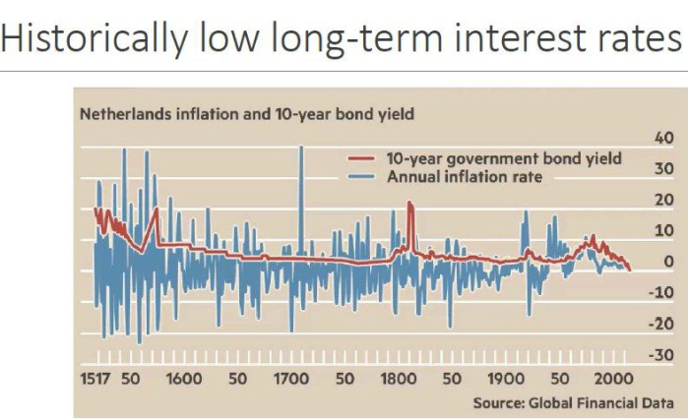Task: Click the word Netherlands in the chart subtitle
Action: (123, 114)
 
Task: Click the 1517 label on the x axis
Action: (96, 379)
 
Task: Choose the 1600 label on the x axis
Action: (184, 379)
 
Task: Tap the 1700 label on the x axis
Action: (291, 379)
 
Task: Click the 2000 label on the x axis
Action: (612, 379)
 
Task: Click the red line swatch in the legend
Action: (366, 157)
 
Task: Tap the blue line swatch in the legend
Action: (366, 177)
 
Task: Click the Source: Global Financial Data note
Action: (574, 402)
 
